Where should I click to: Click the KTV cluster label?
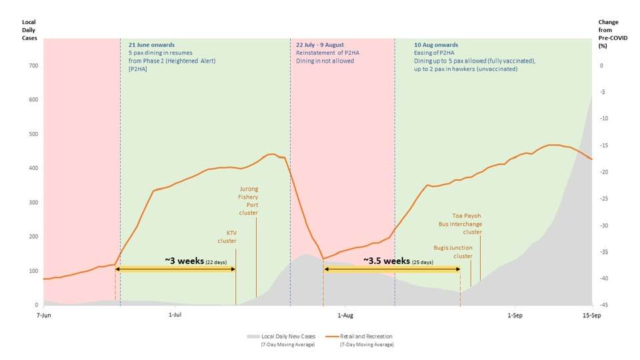tap(227, 237)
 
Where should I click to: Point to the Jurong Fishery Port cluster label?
tap(248, 197)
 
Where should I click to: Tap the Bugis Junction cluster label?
tap(453, 251)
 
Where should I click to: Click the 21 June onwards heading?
tap(151, 45)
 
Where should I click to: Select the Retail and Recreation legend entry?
tap(365, 337)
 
